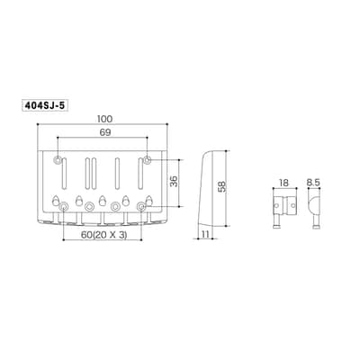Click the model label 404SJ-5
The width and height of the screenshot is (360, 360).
pyautogui.click(x=45, y=105)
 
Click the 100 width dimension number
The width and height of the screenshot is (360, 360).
pyautogui.click(x=104, y=119)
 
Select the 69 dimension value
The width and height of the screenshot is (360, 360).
pyautogui.click(x=104, y=133)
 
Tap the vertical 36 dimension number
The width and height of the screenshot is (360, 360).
pyautogui.click(x=174, y=182)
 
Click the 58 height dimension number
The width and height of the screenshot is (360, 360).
pyautogui.click(x=221, y=187)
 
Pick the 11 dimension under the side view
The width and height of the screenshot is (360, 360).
pyautogui.click(x=205, y=234)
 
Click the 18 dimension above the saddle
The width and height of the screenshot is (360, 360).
pyautogui.click(x=283, y=183)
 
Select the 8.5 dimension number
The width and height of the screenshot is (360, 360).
pyautogui.click(x=314, y=183)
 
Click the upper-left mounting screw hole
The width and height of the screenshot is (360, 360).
pyautogui.click(x=57, y=160)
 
